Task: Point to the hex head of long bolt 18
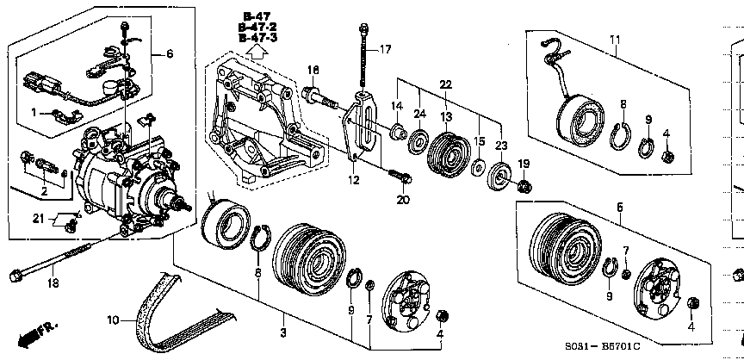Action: point(14,276)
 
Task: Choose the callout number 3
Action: point(282,332)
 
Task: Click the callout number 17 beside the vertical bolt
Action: point(385,49)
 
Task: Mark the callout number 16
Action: point(313,69)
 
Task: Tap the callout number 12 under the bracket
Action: point(353,180)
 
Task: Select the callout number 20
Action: point(400,201)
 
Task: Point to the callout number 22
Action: point(444,84)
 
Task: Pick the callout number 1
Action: point(34,113)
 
